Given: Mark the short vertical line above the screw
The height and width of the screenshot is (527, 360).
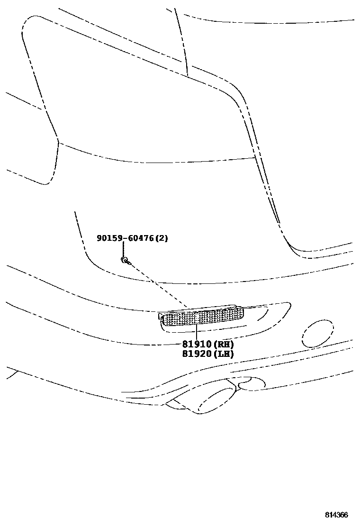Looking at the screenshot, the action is pyautogui.click(x=123, y=249).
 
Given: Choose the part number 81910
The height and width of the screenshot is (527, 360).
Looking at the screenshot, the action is pyautogui.click(x=197, y=345).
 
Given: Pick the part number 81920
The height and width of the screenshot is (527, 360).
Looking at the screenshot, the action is pyautogui.click(x=197, y=354).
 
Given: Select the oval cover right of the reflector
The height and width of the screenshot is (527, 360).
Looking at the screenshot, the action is pyautogui.click(x=318, y=334).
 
